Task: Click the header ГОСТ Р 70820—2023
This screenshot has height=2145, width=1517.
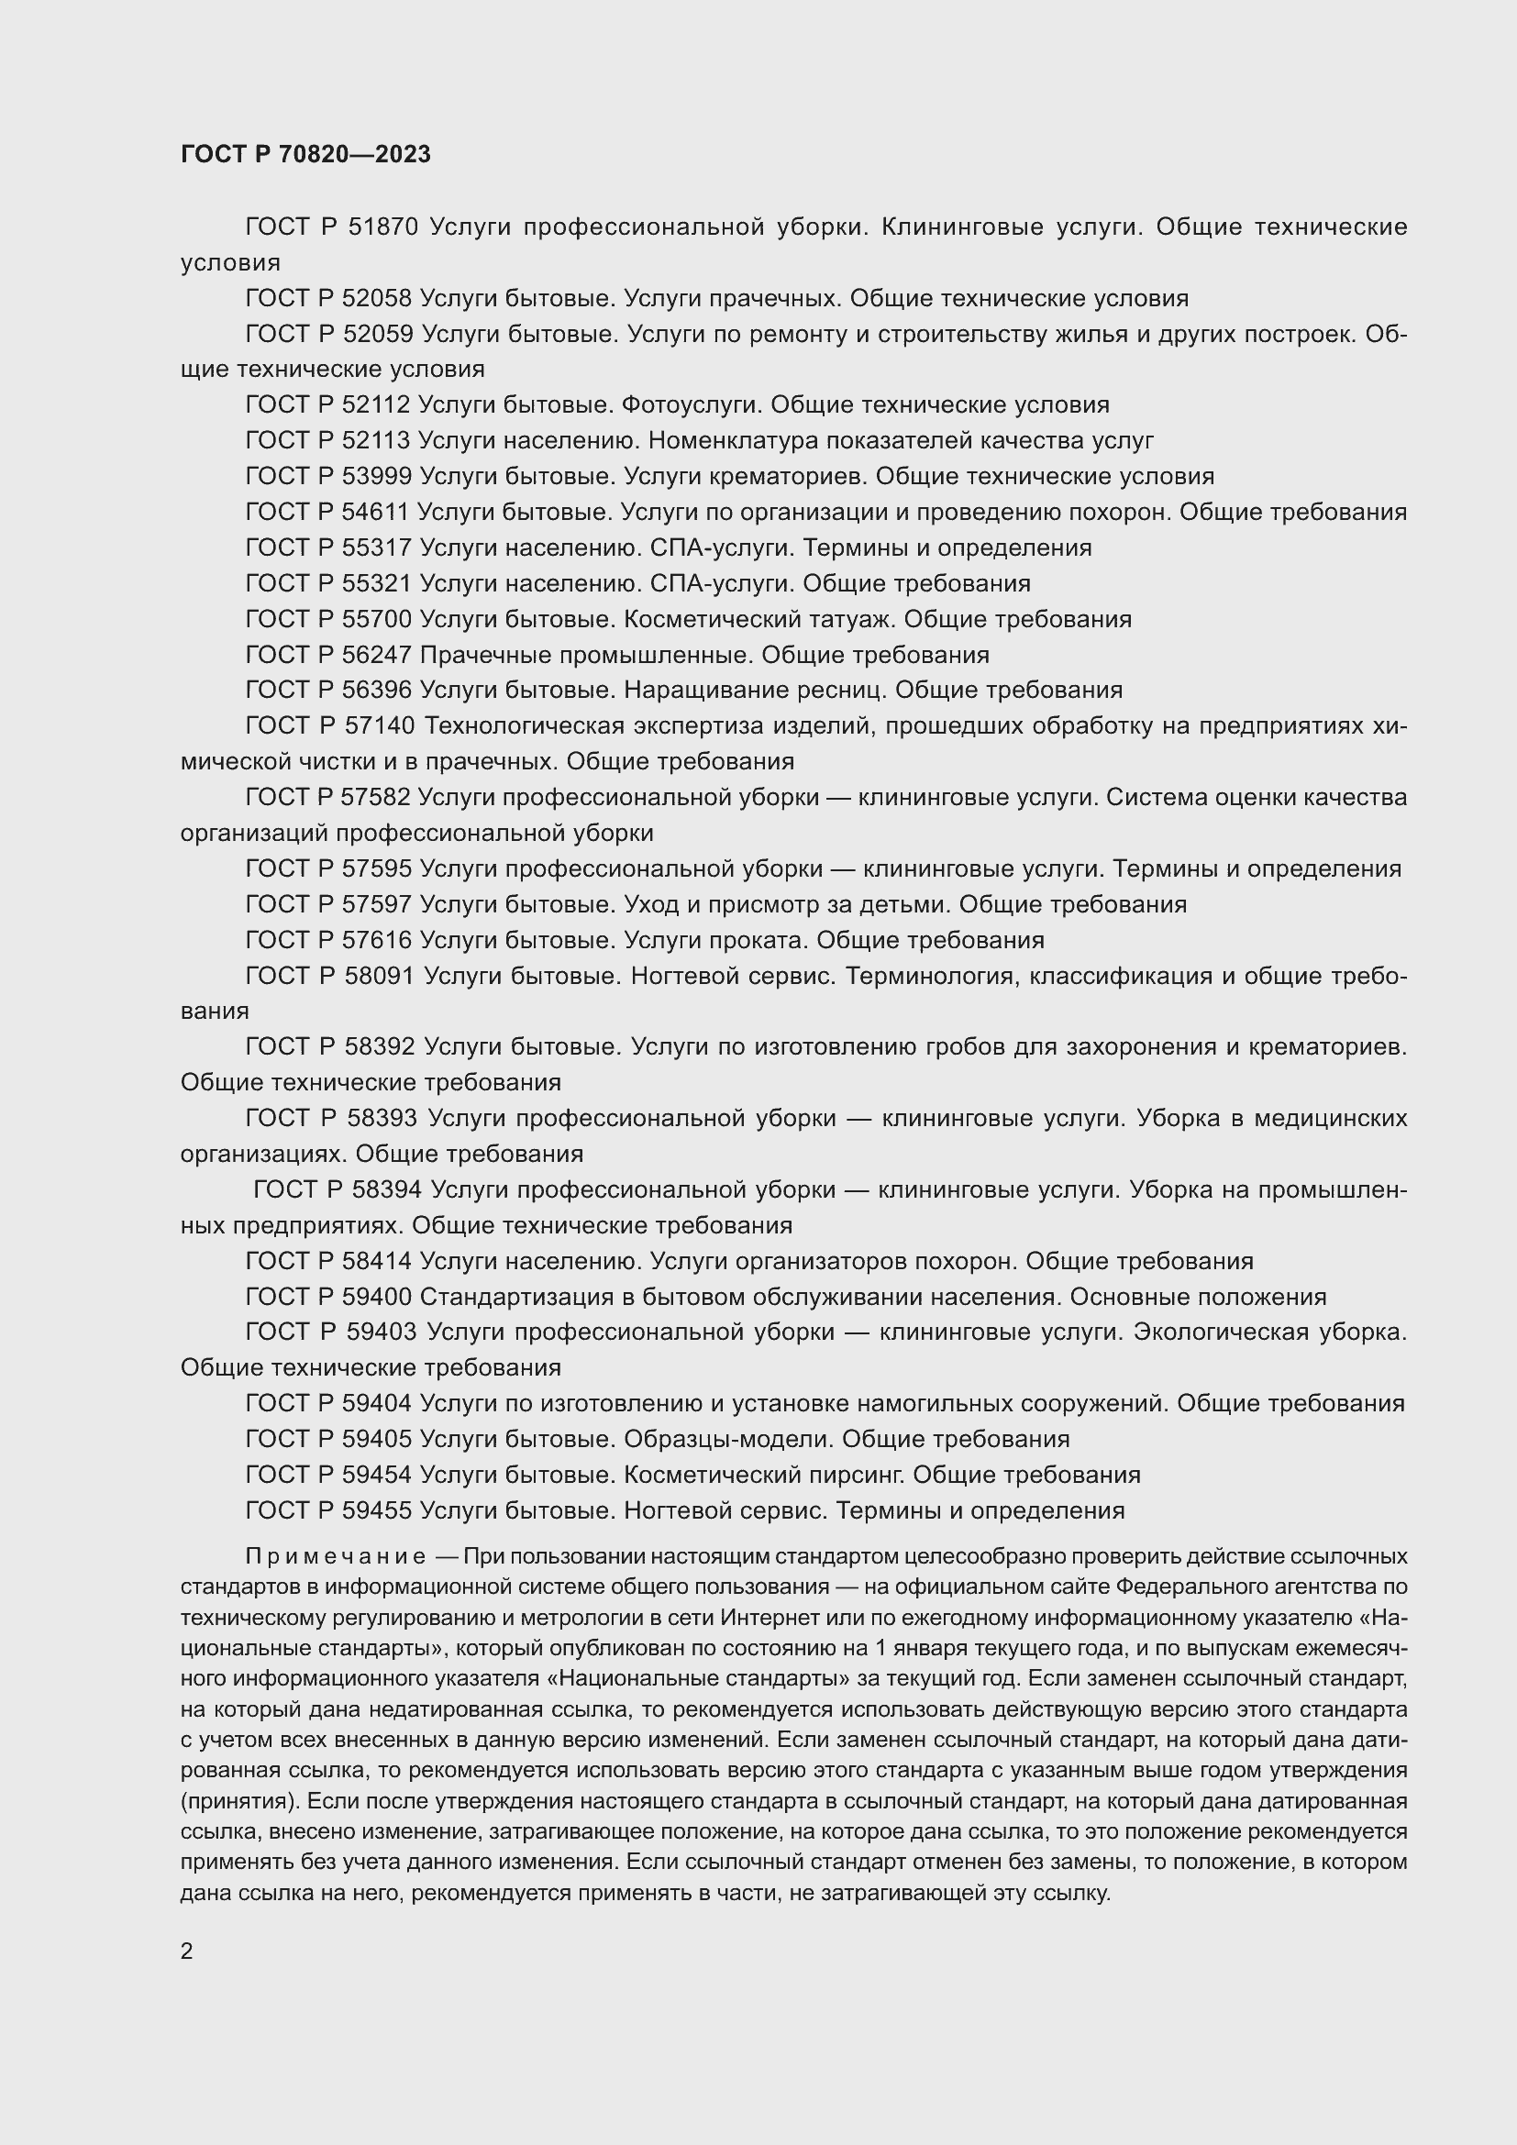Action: pyautogui.click(x=305, y=155)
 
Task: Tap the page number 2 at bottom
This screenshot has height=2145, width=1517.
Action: pyautogui.click(x=187, y=1952)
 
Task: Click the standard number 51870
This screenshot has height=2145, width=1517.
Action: pyautogui.click(x=383, y=227)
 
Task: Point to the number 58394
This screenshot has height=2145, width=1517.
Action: pyautogui.click(x=388, y=1190)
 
